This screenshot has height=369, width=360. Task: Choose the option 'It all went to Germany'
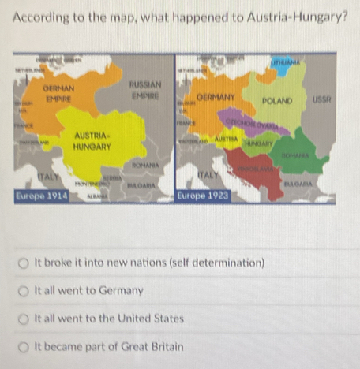pyautogui.click(x=26, y=291)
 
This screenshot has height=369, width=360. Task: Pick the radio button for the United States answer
pyautogui.click(x=26, y=319)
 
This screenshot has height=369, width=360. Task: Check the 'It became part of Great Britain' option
pyautogui.click(x=26, y=347)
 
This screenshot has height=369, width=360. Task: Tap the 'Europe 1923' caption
pyautogui.click(x=204, y=195)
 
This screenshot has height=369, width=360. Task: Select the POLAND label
pyautogui.click(x=276, y=102)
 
